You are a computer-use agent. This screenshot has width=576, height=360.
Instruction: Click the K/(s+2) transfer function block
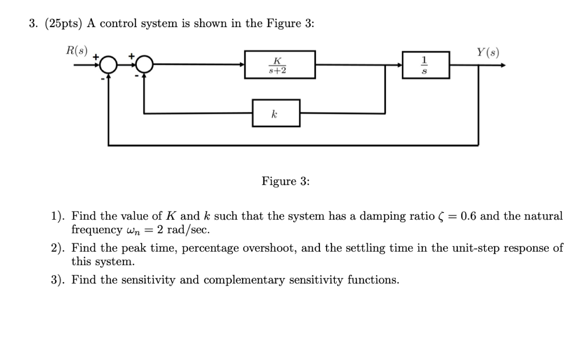280,64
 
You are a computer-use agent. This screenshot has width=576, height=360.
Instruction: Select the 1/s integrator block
426,65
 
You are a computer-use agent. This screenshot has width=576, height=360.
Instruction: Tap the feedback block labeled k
276,113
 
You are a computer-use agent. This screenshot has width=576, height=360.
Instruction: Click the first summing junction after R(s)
108,64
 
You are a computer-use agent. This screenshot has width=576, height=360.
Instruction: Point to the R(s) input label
76,50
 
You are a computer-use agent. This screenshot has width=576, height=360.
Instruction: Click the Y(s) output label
488,52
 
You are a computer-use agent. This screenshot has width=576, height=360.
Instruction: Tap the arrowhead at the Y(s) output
502,65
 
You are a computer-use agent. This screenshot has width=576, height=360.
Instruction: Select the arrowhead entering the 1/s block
399,65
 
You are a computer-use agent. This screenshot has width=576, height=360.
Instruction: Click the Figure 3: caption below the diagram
286,181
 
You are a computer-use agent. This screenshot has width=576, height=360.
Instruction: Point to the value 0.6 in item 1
468,216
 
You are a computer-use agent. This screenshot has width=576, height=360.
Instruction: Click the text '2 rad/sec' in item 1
183,230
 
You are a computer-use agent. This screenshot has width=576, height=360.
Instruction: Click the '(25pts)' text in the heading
64,24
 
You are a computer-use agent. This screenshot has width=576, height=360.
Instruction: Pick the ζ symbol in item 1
441,216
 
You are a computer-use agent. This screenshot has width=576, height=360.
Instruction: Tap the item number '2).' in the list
58,248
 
